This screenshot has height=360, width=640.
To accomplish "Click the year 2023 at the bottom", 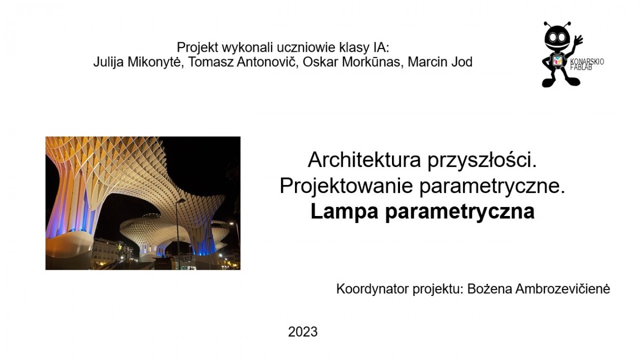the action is (x=302, y=332).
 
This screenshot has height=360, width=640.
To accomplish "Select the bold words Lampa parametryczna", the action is (x=422, y=212).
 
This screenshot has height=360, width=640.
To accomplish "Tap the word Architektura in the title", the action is (x=364, y=159).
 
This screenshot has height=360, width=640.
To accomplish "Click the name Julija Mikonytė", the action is (x=137, y=62).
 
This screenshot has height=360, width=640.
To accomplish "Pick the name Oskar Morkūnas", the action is (x=352, y=62).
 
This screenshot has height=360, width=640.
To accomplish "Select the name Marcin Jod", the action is (x=440, y=62).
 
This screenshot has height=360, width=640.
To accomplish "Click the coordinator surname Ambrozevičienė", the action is (x=563, y=289).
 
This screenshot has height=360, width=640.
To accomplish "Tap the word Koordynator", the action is (x=373, y=289).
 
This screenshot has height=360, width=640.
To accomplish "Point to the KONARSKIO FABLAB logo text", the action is (x=587, y=65).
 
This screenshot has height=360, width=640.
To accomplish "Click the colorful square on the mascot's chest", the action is (x=557, y=60).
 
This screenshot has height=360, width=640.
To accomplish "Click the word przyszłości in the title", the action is (x=482, y=161).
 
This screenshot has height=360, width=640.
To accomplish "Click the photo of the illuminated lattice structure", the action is (x=143, y=203).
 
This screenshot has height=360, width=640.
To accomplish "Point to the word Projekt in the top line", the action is (x=198, y=47).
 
